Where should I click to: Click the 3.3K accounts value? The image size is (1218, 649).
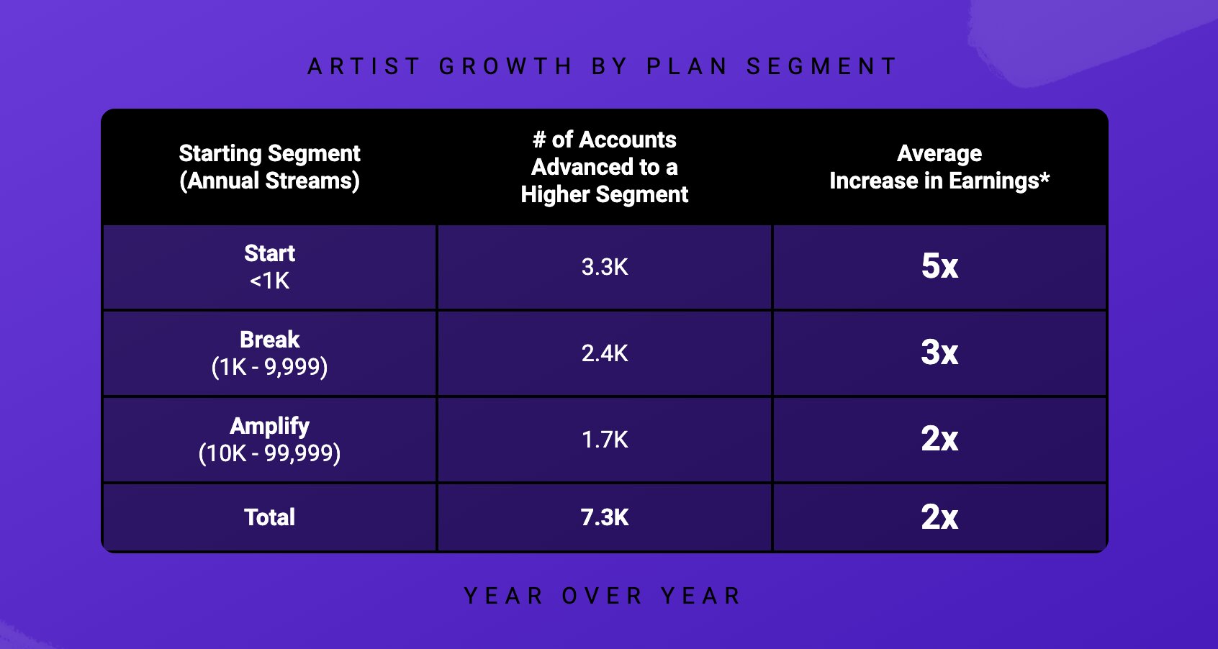605,267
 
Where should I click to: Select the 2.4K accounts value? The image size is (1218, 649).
605,353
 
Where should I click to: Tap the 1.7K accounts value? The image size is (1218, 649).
605,440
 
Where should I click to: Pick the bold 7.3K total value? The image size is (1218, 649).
605,517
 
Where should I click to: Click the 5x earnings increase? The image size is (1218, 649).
939,265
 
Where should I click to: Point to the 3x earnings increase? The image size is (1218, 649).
939,353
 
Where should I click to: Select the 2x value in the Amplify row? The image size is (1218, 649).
939,439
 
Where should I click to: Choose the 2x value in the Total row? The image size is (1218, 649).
939,517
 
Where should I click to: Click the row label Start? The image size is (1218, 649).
270,253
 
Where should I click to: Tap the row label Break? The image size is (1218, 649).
270,340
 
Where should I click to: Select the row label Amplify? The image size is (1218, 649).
270,427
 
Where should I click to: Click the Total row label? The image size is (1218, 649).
270,517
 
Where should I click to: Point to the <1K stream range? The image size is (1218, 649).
270,281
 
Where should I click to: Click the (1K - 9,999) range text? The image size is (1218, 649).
270,367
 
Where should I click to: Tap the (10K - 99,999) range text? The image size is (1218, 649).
270,453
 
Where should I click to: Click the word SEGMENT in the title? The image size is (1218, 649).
821,66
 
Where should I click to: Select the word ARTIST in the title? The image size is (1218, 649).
364,66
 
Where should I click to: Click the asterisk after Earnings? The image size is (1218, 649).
1045,177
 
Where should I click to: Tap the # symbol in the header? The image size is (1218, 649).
539,140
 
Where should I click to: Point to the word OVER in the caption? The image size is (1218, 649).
603,596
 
